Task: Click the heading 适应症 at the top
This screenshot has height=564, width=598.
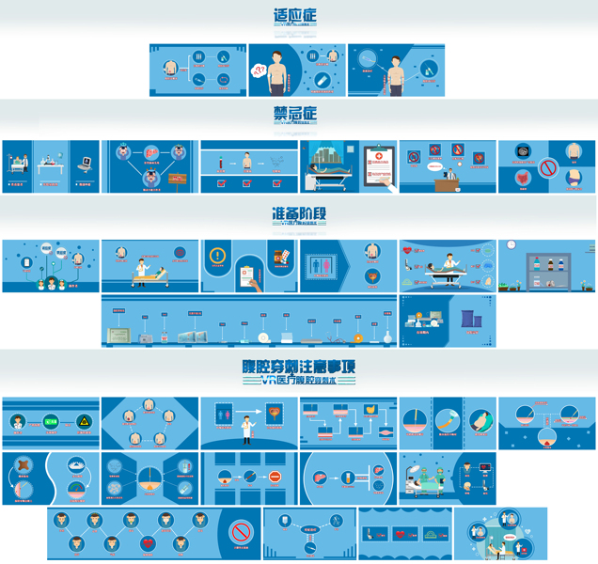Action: click(x=295, y=16)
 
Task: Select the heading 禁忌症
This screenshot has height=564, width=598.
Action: click(x=295, y=114)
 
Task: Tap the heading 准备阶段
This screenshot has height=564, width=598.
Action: click(x=298, y=213)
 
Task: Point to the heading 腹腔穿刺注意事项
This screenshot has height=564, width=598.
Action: click(x=298, y=365)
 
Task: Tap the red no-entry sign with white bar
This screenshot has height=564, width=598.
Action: click(x=275, y=478)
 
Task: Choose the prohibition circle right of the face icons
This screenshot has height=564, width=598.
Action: click(x=243, y=532)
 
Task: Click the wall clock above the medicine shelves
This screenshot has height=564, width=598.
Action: click(x=511, y=245)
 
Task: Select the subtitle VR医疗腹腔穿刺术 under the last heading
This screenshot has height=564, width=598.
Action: click(x=298, y=381)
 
